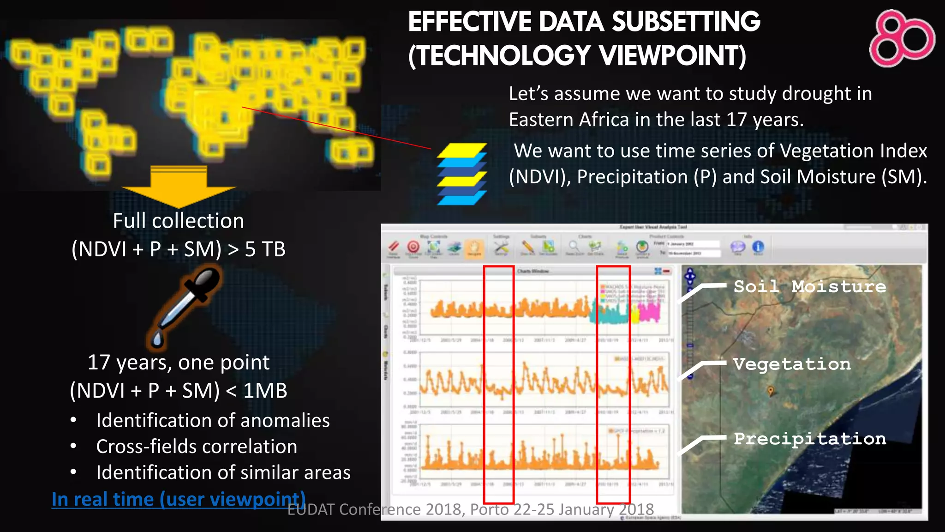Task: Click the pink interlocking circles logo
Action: (901, 38)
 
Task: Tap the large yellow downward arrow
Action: (179, 187)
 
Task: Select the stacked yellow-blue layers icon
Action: (461, 174)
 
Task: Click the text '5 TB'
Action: (265, 249)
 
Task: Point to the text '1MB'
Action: (265, 391)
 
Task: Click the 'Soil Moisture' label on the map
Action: (810, 286)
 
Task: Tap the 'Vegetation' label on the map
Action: (792, 364)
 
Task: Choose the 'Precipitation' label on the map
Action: (810, 438)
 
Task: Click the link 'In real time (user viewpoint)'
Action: (179, 499)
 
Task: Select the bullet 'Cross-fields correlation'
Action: (197, 447)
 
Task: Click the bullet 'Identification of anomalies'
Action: (213, 421)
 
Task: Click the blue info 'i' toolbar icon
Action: (758, 247)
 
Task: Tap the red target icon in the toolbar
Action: (413, 247)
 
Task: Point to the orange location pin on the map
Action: (770, 391)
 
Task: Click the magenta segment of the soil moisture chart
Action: (651, 312)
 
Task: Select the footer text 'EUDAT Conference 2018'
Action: (376, 509)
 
